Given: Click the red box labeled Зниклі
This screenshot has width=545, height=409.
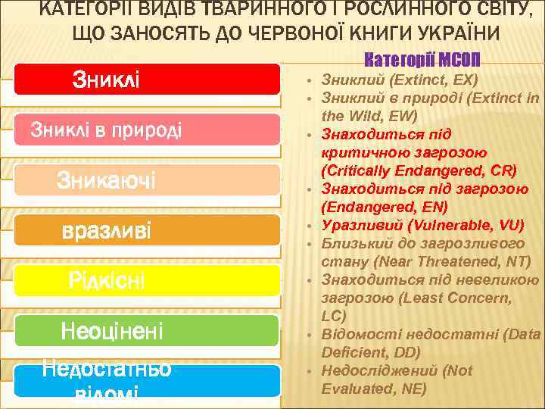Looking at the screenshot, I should pos(148,79).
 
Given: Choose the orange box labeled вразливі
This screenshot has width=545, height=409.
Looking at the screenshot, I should pos(148,230).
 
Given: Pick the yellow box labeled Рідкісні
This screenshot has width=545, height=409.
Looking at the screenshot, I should pos(148,281).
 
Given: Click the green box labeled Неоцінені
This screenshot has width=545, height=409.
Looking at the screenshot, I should pos(148,331).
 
